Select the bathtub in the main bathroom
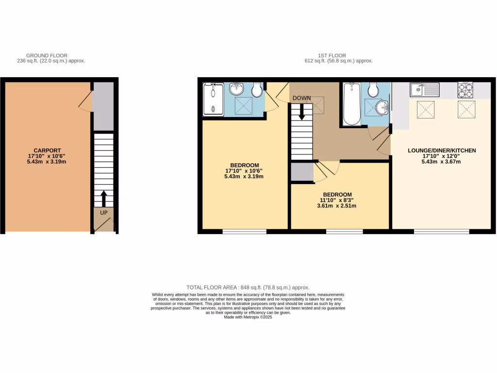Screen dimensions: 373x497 pyautogui.click(x=351, y=103)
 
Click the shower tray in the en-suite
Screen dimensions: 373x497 pyautogui.click(x=213, y=99)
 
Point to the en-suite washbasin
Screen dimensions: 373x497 pyautogui.click(x=237, y=89)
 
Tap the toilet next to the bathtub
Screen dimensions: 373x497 pyautogui.click(x=373, y=89)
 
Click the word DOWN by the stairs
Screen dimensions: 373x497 pyautogui.click(x=301, y=98)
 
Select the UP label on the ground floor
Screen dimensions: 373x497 pyautogui.click(x=103, y=212)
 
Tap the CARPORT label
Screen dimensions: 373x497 pyautogui.click(x=47, y=150)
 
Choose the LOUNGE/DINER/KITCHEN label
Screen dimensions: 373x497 pyautogui.click(x=442, y=151)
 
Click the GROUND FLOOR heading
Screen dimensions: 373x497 pyautogui.click(x=47, y=55)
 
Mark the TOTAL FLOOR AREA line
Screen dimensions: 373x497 pyautogui.click(x=248, y=288)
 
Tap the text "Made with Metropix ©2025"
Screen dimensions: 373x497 pyautogui.click(x=248, y=317)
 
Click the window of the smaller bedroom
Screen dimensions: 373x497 pyautogui.click(x=344, y=232)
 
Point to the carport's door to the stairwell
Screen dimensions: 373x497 pyautogui.click(x=86, y=101)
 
